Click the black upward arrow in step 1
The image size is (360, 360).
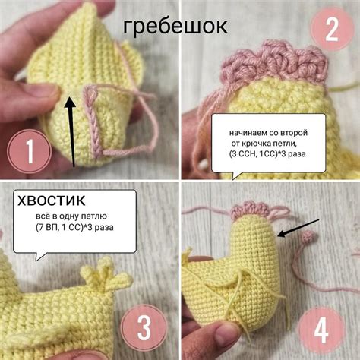71,129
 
